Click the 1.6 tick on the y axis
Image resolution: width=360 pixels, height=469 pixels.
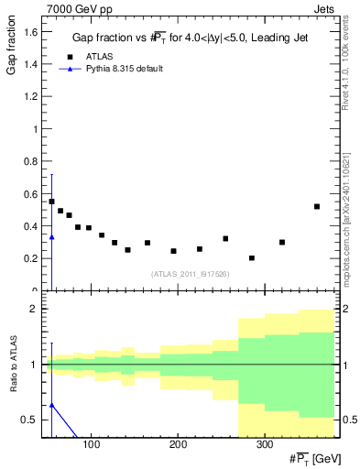(32, 32)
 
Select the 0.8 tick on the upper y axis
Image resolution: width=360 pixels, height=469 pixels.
(32, 161)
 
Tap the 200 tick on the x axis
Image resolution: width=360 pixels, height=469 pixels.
(178, 444)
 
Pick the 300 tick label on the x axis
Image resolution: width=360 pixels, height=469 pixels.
(264, 444)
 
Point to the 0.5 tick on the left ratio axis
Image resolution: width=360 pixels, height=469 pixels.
(32, 420)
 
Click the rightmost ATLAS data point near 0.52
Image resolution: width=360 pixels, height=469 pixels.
(317, 206)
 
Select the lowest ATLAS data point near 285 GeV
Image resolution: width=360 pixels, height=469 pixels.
(252, 258)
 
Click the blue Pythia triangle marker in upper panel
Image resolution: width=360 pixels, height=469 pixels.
(51, 237)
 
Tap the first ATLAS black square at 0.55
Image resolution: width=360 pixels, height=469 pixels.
(51, 202)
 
